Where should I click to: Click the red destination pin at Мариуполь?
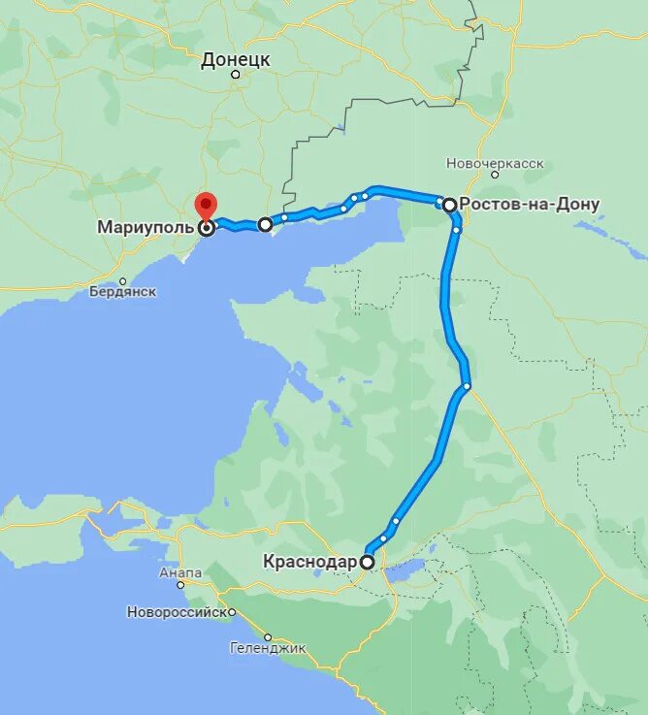pyautogui.click(x=206, y=205)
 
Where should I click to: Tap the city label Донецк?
pyautogui.click(x=236, y=60)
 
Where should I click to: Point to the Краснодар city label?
pyautogui.click(x=309, y=561)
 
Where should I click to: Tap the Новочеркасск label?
pyautogui.click(x=495, y=163)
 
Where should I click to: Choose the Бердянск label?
pyautogui.click(x=122, y=292)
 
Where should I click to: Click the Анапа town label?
pyautogui.click(x=180, y=572)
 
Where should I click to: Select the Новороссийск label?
pyautogui.click(x=179, y=612)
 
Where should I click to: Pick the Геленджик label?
pyautogui.click(x=268, y=647)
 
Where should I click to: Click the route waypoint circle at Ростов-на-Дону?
pyautogui.click(x=449, y=205)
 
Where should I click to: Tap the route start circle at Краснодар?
pyautogui.click(x=368, y=561)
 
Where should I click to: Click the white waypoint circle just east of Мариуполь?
pyautogui.click(x=265, y=224)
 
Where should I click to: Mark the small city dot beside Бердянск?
pyautogui.click(x=122, y=280)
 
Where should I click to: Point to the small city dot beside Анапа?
pyautogui.click(x=180, y=585)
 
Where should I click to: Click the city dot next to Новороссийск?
pyautogui.click(x=233, y=612)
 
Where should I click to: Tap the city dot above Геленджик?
pyautogui.click(x=268, y=636)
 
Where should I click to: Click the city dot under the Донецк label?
pyautogui.click(x=236, y=75)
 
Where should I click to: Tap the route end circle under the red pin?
pyautogui.click(x=206, y=229)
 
